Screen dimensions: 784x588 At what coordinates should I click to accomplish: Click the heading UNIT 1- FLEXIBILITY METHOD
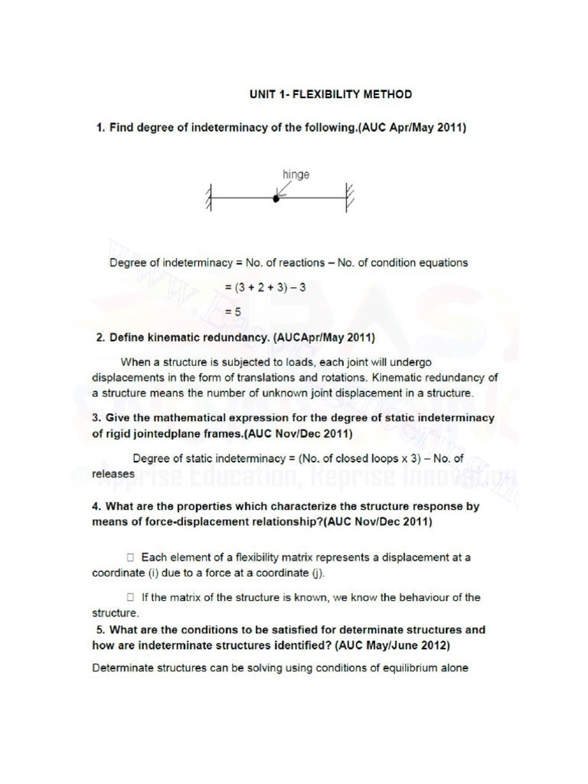point(330,94)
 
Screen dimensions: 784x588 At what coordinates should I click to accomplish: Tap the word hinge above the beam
point(296,175)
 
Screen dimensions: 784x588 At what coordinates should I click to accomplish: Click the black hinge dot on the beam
point(276,198)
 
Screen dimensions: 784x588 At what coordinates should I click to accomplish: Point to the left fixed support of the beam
point(208,198)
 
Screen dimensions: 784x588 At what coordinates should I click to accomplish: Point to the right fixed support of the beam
point(348,198)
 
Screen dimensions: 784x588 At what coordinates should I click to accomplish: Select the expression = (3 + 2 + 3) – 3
point(266,288)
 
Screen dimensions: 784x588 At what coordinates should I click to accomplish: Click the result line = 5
point(233,312)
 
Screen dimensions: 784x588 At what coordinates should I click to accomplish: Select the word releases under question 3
point(113,473)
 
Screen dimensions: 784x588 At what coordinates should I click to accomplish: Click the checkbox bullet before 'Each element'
point(131,557)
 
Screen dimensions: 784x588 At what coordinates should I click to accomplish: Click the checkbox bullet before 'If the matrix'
point(131,597)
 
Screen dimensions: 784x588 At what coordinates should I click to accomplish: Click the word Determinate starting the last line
point(122,668)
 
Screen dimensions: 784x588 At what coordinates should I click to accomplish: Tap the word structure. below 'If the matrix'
point(116,612)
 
